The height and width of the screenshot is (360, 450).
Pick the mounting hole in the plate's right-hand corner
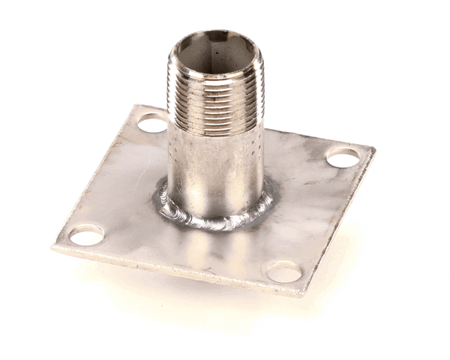point(343,157)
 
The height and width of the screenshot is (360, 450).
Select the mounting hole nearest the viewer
point(284,271)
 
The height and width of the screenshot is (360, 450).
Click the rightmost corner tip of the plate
point(374,151)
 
